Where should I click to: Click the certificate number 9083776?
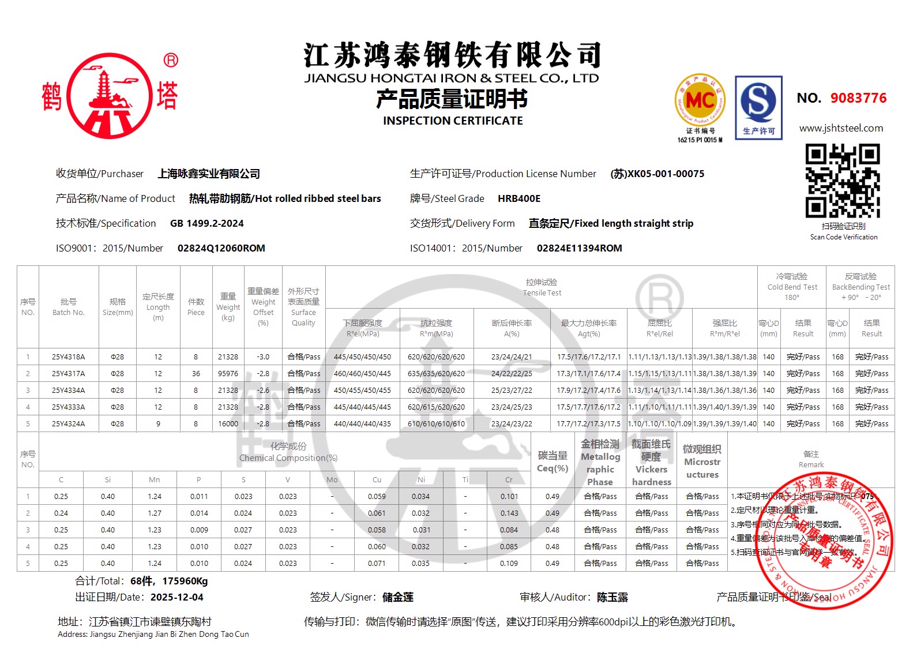[x=858, y=98]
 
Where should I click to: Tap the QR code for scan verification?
[x=843, y=181]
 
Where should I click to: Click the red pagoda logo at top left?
[x=110, y=96]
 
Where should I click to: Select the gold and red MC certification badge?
[x=700, y=101]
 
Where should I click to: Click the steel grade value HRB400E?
[x=519, y=198]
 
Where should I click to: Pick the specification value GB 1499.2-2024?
[x=207, y=223]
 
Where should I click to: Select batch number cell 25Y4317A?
[x=68, y=374]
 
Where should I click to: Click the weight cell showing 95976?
[x=228, y=374]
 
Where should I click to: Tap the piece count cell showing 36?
[x=196, y=374]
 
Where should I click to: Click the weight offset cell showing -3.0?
[x=263, y=357]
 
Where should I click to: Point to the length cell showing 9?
[x=158, y=424]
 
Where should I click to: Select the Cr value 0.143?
[x=509, y=513]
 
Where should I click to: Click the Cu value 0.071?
[x=377, y=564]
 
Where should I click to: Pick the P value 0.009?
[x=199, y=530]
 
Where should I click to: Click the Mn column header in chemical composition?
[x=155, y=480]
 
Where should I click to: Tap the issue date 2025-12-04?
[x=177, y=598]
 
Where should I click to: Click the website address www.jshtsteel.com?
[x=841, y=128]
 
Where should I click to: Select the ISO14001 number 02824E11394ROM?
[x=579, y=248]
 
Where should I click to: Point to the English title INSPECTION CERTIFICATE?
[x=453, y=121]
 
